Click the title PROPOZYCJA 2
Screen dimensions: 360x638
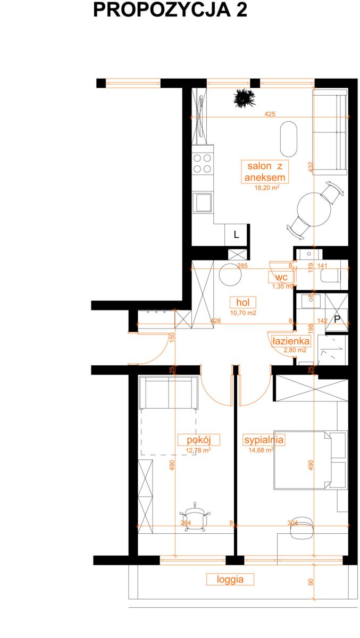[170, 10]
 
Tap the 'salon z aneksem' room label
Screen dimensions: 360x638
[265, 171]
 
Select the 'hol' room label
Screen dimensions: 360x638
[242, 302]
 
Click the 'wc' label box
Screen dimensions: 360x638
[281, 277]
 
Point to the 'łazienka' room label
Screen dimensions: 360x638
[290, 341]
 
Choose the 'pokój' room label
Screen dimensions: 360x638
[199, 440]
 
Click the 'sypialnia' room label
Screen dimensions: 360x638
[264, 440]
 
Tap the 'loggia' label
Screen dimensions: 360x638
[230, 580]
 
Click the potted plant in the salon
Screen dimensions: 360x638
[244, 98]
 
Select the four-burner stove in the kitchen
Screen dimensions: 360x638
[203, 164]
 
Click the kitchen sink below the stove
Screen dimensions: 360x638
[203, 202]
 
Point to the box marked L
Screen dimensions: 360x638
[236, 234]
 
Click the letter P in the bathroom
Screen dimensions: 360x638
[337, 320]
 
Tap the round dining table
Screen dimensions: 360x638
[314, 209]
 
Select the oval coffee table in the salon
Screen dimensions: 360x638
[289, 139]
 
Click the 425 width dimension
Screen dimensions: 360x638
[270, 114]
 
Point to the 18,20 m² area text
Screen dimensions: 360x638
[267, 187]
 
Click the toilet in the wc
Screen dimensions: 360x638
[331, 276]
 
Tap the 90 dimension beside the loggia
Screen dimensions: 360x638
[311, 582]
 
